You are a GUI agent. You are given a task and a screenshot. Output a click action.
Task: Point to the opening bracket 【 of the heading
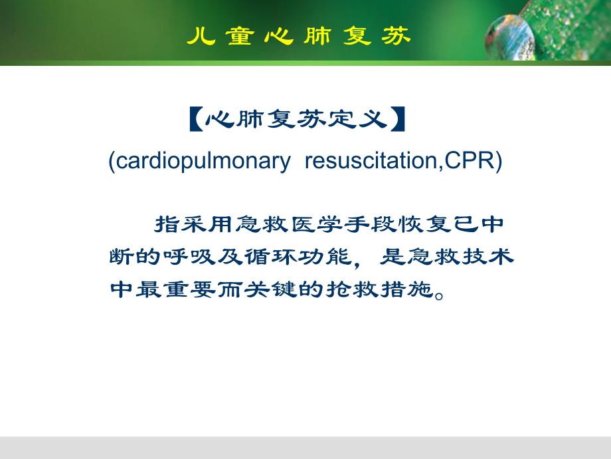pos(194,120)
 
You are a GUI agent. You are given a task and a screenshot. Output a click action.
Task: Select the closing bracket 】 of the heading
pos(398,120)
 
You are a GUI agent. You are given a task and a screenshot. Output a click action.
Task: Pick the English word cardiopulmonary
pos(199,162)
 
